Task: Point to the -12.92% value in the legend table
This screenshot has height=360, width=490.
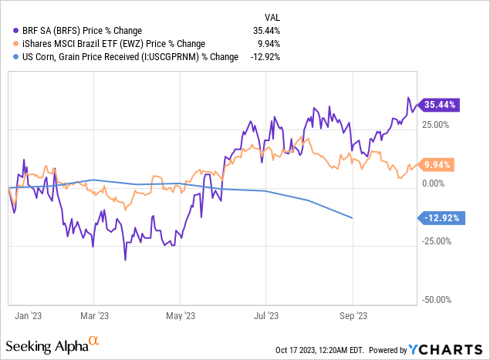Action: (263, 56)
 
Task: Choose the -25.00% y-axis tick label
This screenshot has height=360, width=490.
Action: (437, 241)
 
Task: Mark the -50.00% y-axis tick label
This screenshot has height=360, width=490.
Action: (437, 300)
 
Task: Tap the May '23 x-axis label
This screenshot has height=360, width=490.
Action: (180, 316)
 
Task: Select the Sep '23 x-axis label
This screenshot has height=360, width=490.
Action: (352, 316)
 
